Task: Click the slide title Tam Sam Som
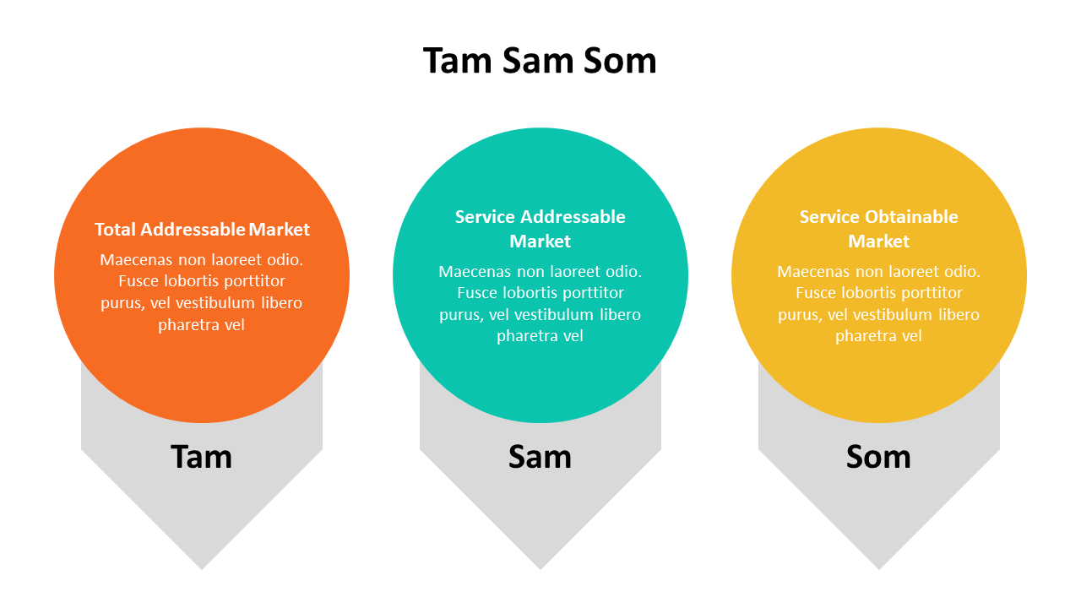(540, 61)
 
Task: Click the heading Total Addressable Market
(202, 230)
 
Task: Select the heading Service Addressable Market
(540, 229)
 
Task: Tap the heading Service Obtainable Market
(879, 229)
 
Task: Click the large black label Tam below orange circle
(201, 457)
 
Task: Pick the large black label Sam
(540, 457)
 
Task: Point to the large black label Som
(878, 457)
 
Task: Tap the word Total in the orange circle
(116, 230)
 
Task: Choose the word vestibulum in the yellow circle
(890, 315)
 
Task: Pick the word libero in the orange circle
(281, 303)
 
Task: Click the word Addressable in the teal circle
(573, 217)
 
